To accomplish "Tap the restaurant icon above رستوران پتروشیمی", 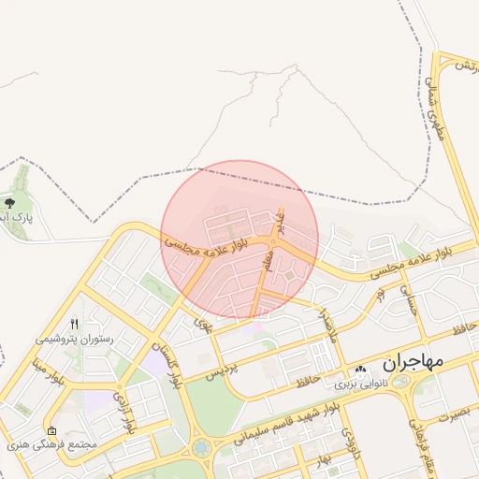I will [74, 324].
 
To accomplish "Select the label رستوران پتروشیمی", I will [74, 339].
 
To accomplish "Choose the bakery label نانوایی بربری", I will [361, 383].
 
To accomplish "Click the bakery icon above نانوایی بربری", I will [361, 369].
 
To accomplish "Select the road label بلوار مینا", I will [52, 367].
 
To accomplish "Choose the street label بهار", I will [324, 459].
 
